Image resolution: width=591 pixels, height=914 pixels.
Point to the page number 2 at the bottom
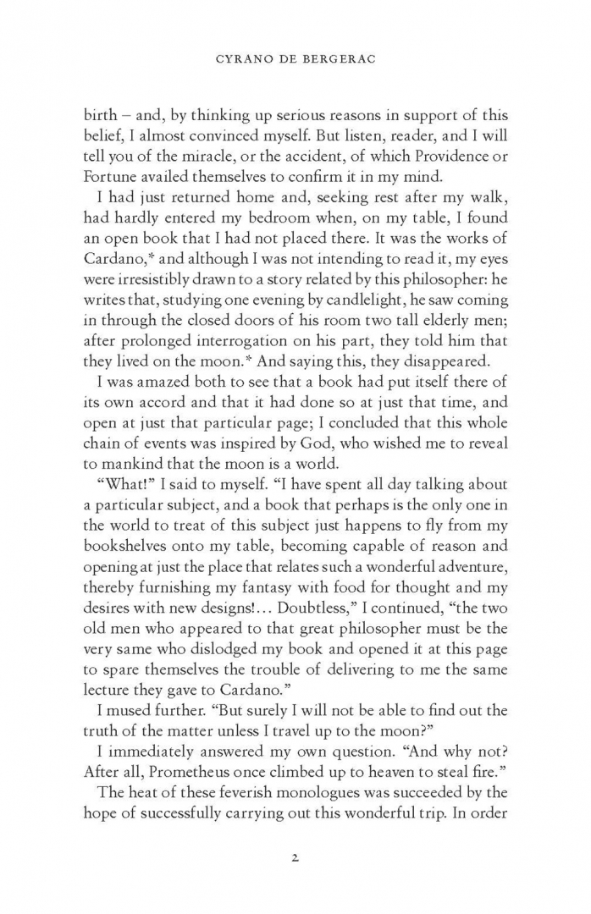click(x=295, y=857)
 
